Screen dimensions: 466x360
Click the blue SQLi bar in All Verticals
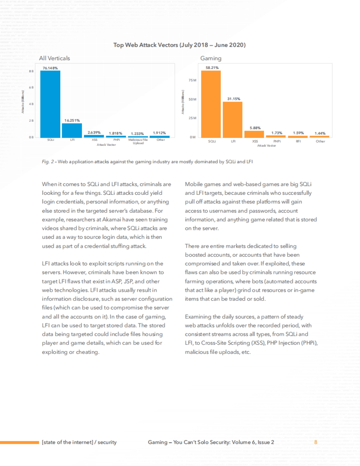point(50,104)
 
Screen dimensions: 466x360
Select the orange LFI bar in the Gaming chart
point(232,120)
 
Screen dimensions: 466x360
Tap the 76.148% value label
point(50,68)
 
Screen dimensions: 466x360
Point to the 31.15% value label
point(234,99)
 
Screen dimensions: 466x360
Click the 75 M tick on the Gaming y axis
point(193,80)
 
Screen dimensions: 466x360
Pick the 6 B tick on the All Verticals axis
point(31,88)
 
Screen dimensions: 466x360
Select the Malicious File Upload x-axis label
point(138,141)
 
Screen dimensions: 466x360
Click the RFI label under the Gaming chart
point(298,141)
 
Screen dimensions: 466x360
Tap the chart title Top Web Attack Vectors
point(179,45)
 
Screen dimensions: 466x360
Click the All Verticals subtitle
point(54,58)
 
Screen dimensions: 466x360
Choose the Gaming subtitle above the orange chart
point(211,58)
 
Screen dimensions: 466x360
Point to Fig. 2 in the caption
point(48,162)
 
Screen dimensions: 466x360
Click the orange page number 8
point(316,442)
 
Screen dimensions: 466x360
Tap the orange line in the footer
point(19,442)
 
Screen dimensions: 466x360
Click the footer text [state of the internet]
point(67,442)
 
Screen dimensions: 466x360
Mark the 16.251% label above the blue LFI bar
point(72,120)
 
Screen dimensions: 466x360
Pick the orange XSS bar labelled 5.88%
point(254,134)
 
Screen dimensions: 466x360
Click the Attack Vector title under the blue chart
point(106,145)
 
